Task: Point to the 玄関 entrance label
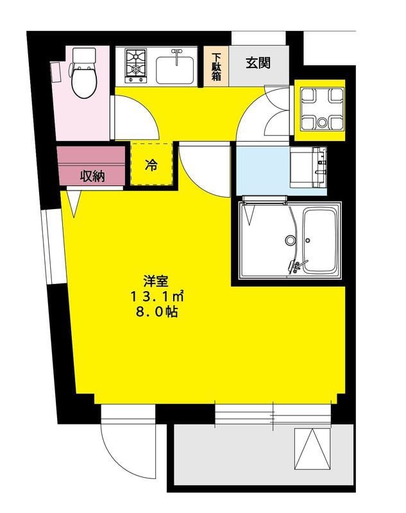[x=258, y=63]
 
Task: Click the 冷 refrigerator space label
[x=152, y=165]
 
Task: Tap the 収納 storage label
[x=92, y=176]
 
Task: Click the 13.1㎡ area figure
[x=158, y=296]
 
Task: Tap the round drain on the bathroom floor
[x=290, y=241]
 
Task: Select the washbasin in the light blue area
[x=307, y=167]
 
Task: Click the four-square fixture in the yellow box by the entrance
[x=319, y=109]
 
